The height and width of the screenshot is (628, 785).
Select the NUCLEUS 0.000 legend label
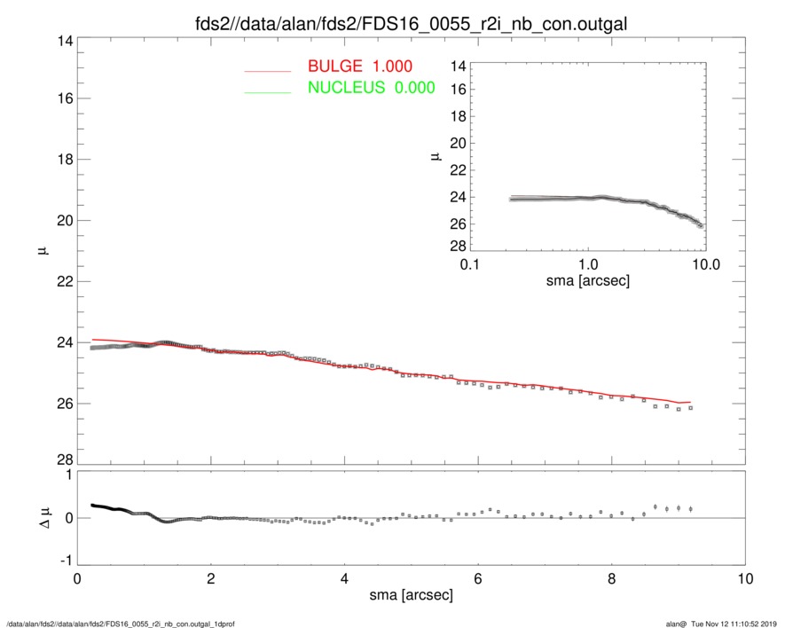tap(370, 88)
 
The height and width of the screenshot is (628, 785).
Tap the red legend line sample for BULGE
tap(267, 70)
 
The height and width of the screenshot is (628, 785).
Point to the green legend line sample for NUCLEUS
tap(267, 91)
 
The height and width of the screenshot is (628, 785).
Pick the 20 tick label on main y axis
tap(64, 221)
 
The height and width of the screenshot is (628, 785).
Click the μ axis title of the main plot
tap(41, 251)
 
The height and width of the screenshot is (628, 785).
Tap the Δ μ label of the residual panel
tap(39, 519)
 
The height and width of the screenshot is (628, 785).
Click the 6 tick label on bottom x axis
tap(477, 579)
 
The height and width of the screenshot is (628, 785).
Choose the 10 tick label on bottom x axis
tap(745, 579)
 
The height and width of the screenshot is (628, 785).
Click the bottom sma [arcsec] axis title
tap(411, 596)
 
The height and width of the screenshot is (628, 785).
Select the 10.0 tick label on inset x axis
tap(705, 265)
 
